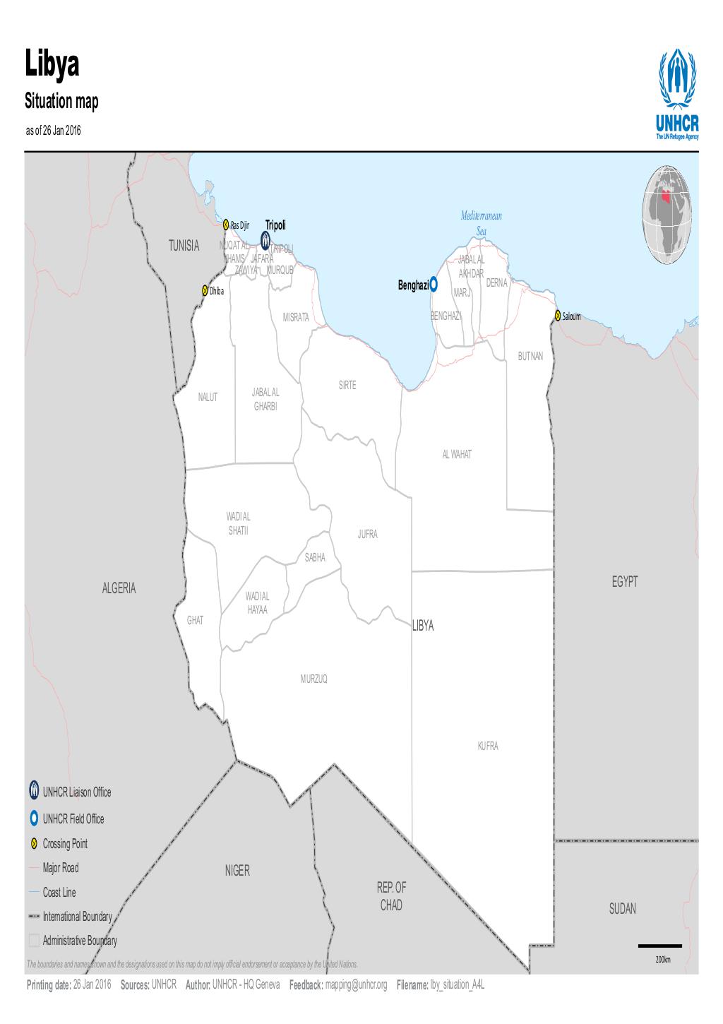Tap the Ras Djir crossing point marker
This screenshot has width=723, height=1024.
pyautogui.click(x=226, y=225)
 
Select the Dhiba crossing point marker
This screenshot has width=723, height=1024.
pyautogui.click(x=205, y=290)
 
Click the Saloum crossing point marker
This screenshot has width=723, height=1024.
pyautogui.click(x=558, y=316)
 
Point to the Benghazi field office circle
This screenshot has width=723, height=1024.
pyautogui.click(x=434, y=285)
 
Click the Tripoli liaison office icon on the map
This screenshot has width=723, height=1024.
pyautogui.click(x=265, y=241)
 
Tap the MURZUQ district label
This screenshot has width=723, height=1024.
pyautogui.click(x=313, y=679)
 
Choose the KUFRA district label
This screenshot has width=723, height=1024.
pyautogui.click(x=488, y=746)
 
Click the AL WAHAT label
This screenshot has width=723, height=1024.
pyautogui.click(x=457, y=454)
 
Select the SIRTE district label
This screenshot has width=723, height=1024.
pyautogui.click(x=347, y=386)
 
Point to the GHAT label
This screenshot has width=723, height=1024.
pyautogui.click(x=195, y=620)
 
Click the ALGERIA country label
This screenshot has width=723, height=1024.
pyautogui.click(x=119, y=588)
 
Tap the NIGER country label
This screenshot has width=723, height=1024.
pyautogui.click(x=237, y=871)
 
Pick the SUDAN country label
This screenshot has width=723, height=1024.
pyautogui.click(x=622, y=909)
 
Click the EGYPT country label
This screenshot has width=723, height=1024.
pyautogui.click(x=624, y=581)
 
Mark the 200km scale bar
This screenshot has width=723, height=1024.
pyautogui.click(x=660, y=946)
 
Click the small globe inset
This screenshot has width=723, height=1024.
pyautogui.click(x=667, y=215)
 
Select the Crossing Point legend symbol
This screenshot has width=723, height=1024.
pyautogui.click(x=34, y=844)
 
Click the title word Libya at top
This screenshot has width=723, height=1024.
pyautogui.click(x=53, y=64)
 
